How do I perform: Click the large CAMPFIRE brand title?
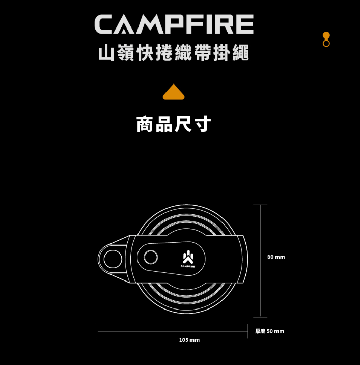click(x=174, y=24)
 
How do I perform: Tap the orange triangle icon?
click(x=174, y=92)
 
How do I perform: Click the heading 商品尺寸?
click(x=174, y=124)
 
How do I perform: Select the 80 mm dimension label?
click(x=276, y=257)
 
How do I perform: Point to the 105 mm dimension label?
click(x=189, y=340)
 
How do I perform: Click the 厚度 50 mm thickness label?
click(x=269, y=331)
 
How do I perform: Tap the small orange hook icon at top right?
click(x=326, y=39)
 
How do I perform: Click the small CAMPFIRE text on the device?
click(x=187, y=266)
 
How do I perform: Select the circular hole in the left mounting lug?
click(x=113, y=259)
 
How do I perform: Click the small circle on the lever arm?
click(x=151, y=258)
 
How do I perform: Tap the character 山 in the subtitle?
click(x=106, y=53)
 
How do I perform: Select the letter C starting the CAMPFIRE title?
click(x=106, y=24)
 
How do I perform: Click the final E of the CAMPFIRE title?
click(x=243, y=24)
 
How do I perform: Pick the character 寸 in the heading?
click(x=202, y=124)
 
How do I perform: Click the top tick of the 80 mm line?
click(x=260, y=205)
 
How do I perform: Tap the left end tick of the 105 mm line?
click(x=97, y=331)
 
